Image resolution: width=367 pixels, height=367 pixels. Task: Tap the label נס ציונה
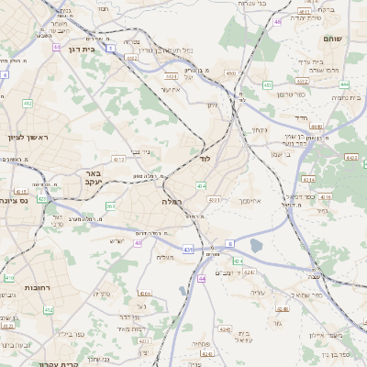(18, 200)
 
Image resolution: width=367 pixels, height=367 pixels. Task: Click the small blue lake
(254, 245)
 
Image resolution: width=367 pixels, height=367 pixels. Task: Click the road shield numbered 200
(110, 206)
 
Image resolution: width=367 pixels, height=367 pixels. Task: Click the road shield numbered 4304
(145, 294)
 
